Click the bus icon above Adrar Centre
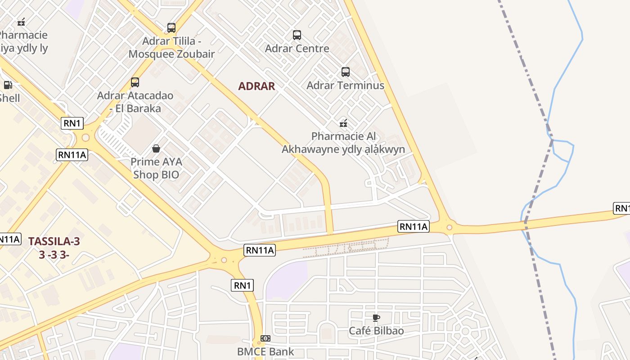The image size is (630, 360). click(297, 35)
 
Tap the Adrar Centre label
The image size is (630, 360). click(297, 48)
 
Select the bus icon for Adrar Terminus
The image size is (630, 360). click(346, 72)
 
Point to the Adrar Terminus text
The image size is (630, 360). click(345, 85)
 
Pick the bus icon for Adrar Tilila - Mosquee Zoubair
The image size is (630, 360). click(171, 28)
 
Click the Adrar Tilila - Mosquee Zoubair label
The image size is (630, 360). click(171, 48)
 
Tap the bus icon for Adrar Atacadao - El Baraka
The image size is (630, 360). click(135, 82)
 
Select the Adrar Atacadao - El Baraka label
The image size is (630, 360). click(129, 102)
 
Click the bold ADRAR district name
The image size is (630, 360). click(256, 86)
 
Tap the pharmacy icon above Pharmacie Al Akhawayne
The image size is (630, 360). click(343, 123)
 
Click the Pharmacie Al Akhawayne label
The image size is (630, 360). click(343, 143)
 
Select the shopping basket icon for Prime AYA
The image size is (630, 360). click(156, 148)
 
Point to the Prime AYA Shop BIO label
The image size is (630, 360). click(156, 168)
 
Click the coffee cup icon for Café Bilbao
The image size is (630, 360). click(376, 318)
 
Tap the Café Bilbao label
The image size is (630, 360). click(376, 331)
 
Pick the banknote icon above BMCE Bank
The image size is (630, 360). click(265, 338)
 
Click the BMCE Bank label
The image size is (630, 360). click(265, 351)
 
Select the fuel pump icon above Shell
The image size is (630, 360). click(8, 85)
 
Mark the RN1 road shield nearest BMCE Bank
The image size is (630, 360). click(242, 285)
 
